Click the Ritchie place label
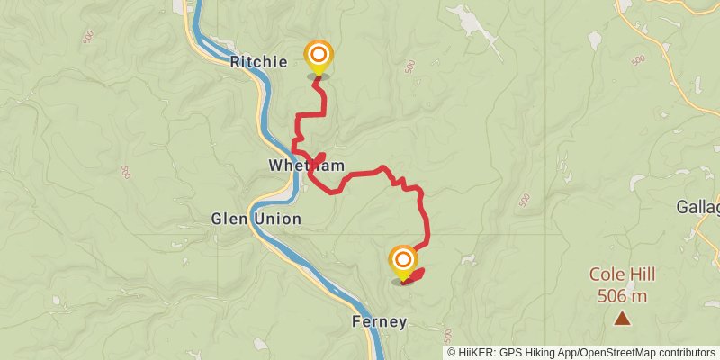click(x=258, y=62)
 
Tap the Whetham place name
click(x=294, y=166)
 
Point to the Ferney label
click(x=379, y=321)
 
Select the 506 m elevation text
click(x=622, y=294)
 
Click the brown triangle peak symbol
click(x=622, y=317)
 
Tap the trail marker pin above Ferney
click(x=402, y=261)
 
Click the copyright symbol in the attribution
click(x=452, y=352)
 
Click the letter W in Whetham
click(x=274, y=166)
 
